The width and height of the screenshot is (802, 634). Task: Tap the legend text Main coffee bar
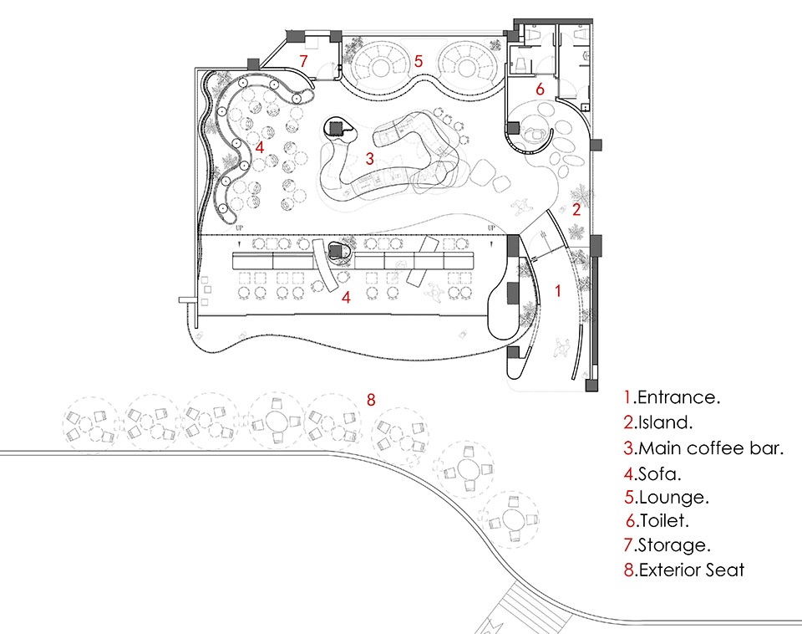(710, 447)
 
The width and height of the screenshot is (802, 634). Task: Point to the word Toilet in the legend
(662, 521)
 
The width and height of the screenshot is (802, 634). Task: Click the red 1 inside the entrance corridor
(558, 291)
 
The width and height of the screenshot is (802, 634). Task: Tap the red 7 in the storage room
(304, 61)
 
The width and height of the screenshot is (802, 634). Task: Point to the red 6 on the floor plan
(540, 89)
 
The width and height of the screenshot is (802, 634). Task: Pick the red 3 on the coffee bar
(368, 158)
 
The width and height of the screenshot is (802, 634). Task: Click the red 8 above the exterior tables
(371, 399)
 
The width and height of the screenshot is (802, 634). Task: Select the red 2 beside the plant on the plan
(576, 210)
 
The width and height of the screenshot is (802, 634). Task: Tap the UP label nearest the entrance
(492, 228)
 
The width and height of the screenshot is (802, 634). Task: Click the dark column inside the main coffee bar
(336, 128)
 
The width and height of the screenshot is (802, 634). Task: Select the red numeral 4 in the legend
(629, 473)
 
